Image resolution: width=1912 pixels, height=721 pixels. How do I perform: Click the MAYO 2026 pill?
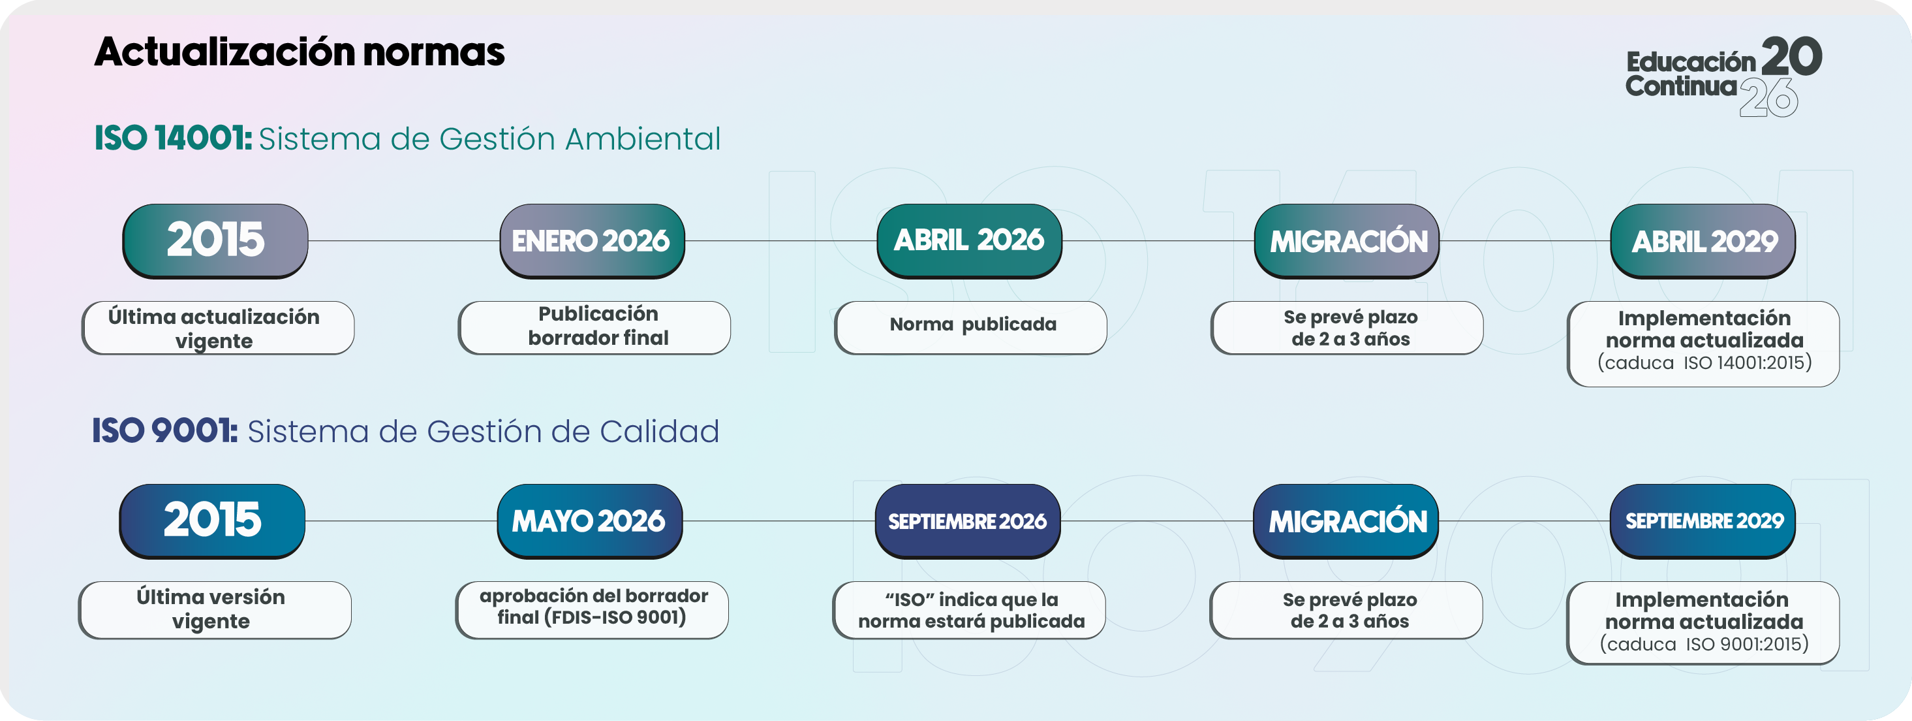pos(589,521)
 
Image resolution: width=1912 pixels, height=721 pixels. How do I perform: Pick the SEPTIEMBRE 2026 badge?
pos(967,521)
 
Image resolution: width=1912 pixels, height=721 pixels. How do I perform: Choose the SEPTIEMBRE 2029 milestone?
pos(1703,521)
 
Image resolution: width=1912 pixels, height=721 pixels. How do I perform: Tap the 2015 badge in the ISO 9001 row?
pos(212,521)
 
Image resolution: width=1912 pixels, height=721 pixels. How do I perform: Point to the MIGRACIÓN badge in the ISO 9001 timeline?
pos(1346,521)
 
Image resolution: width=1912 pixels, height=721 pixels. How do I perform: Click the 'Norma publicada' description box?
pos(971,327)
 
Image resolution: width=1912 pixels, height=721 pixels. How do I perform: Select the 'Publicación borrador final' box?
pos(594,327)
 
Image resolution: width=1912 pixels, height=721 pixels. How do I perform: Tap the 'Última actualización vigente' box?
pos(218,327)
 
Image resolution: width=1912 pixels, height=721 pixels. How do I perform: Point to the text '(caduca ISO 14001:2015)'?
pos(1704,362)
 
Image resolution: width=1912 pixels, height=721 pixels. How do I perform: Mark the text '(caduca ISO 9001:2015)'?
pos(1703,644)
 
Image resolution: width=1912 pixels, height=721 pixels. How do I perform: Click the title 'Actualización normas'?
pos(299,52)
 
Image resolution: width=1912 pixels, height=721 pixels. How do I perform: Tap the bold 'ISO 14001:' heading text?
pos(173,138)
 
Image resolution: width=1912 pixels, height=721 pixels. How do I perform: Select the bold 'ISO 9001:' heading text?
pos(165,430)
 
